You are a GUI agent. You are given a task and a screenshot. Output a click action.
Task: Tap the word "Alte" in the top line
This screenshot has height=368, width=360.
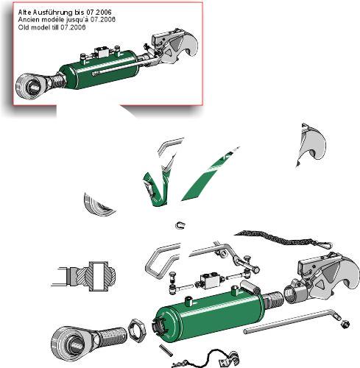(x=24, y=12)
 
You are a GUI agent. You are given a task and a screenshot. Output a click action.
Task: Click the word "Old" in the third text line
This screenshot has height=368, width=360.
(x=22, y=27)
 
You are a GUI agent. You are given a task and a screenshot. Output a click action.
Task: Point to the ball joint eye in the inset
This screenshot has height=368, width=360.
(x=31, y=85)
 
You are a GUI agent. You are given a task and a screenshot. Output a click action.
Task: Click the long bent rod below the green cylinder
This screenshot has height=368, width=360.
(x=292, y=321)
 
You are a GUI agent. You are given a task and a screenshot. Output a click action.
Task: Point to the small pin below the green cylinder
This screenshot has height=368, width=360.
(x=166, y=350)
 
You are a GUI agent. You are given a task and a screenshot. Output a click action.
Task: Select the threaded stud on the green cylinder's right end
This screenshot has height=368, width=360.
(x=273, y=300)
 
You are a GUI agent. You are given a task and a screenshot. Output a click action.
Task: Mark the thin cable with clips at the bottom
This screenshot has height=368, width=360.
(x=206, y=358)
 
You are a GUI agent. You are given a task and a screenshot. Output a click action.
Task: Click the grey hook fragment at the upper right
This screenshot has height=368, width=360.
(x=311, y=145)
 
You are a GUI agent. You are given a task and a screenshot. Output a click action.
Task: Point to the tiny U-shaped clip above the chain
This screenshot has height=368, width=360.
(x=180, y=225)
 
